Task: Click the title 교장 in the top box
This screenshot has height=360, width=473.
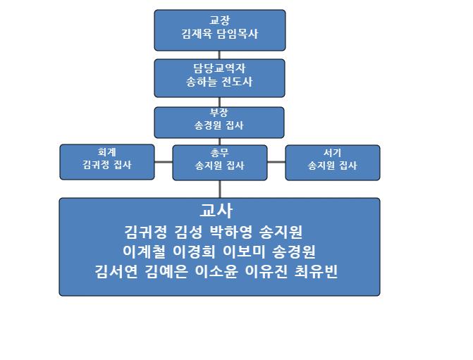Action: coord(220,20)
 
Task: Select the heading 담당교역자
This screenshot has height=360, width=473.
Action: coord(219,68)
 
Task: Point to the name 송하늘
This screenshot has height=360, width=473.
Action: coord(201,82)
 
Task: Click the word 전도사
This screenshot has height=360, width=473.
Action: coord(237,82)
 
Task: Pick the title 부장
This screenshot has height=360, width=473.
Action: coord(219,113)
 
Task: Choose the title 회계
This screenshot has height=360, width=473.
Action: coord(106,152)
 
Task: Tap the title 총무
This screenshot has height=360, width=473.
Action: coord(220,153)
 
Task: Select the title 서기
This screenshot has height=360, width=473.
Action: coord(333,153)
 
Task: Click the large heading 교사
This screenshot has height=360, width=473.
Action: coord(216,210)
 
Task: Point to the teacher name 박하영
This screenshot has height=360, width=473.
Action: coord(231,232)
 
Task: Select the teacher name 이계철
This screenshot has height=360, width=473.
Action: coord(145,252)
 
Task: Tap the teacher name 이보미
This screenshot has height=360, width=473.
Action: coord(244,252)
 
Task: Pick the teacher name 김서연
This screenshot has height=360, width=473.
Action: coord(116,271)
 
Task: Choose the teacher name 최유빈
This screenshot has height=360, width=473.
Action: coord(316,271)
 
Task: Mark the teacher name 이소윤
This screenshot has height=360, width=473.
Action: coord(216,271)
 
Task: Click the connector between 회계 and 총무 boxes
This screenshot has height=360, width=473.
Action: coord(164,162)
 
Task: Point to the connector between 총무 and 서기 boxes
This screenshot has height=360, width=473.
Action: coord(276,162)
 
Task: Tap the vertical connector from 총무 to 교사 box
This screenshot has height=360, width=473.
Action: coord(220,189)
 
